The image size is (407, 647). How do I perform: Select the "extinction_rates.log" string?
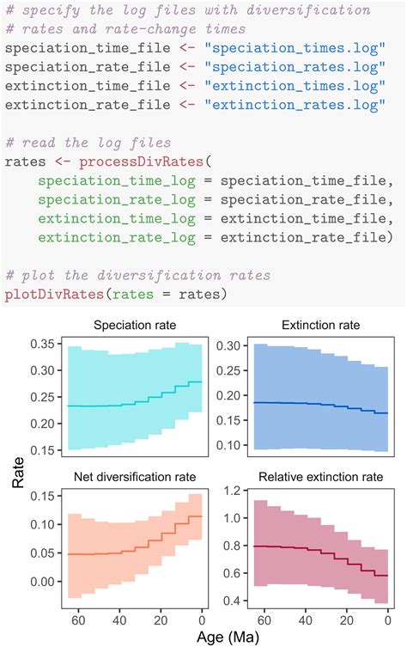305,106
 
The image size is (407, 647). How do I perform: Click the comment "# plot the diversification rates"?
137,275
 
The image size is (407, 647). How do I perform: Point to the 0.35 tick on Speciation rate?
43,345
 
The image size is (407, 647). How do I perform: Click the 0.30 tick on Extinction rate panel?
226,345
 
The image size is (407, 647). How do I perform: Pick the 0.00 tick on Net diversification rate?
43,581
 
